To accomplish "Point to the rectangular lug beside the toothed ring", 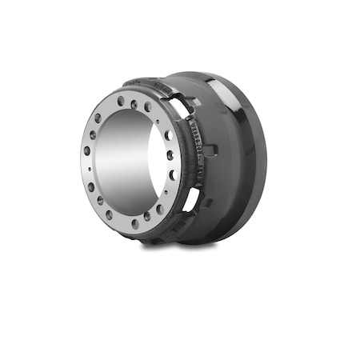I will tap(210, 150).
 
